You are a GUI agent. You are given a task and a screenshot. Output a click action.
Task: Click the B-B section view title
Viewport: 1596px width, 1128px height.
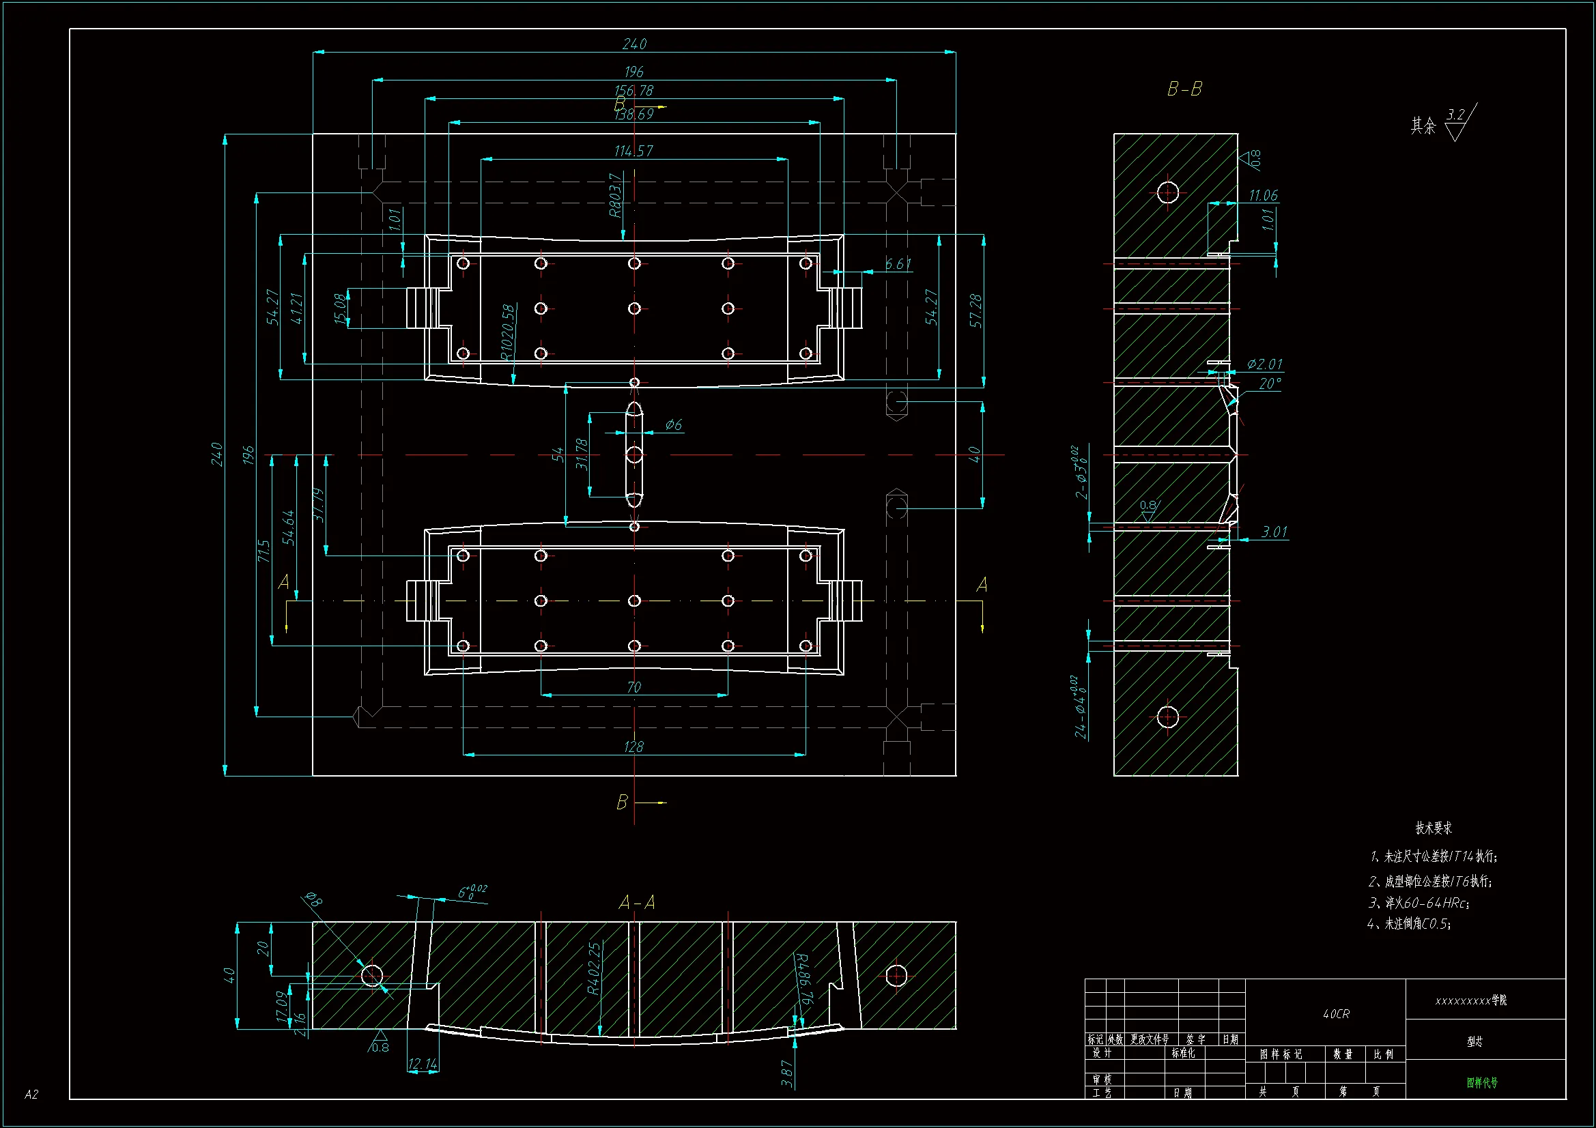pyautogui.click(x=1184, y=89)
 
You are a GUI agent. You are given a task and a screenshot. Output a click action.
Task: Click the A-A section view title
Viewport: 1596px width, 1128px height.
pyautogui.click(x=637, y=903)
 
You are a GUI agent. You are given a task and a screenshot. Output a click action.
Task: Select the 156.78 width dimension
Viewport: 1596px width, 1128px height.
pyautogui.click(x=634, y=90)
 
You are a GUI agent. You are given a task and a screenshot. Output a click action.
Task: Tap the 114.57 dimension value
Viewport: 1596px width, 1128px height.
pyautogui.click(x=633, y=151)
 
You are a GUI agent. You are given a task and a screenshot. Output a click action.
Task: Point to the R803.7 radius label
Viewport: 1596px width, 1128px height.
pyautogui.click(x=615, y=196)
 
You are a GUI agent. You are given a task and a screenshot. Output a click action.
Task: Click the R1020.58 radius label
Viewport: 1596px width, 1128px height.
pyautogui.click(x=508, y=332)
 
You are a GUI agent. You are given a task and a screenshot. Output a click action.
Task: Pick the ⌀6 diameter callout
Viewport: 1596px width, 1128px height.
pyautogui.click(x=673, y=424)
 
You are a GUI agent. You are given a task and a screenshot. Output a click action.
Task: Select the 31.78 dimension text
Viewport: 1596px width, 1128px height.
pyautogui.click(x=582, y=453)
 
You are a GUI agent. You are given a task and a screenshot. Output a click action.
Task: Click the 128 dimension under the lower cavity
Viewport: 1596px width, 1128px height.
pyautogui.click(x=633, y=747)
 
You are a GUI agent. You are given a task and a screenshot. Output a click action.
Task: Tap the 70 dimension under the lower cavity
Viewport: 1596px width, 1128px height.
pyautogui.click(x=633, y=687)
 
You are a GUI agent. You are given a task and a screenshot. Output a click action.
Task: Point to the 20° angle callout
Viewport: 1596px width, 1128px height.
pyautogui.click(x=1269, y=384)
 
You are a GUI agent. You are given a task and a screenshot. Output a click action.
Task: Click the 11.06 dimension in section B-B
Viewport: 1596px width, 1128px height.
pyautogui.click(x=1263, y=195)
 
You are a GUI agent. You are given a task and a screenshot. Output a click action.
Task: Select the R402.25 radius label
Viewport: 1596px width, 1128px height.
pyautogui.click(x=594, y=968)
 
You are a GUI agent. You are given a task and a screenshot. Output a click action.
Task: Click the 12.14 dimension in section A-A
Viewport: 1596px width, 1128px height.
pyautogui.click(x=423, y=1063)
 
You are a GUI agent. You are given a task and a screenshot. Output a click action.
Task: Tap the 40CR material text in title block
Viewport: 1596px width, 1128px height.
pyautogui.click(x=1336, y=1014)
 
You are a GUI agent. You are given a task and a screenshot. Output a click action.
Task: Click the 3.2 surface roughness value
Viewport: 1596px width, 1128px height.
pyautogui.click(x=1455, y=115)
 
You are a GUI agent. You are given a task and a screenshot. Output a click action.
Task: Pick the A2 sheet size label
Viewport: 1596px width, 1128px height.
pyautogui.click(x=31, y=1095)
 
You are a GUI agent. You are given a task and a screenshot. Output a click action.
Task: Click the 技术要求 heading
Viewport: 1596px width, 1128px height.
pyautogui.click(x=1434, y=828)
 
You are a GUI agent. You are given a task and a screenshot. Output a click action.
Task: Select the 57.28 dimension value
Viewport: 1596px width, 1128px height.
pyautogui.click(x=975, y=310)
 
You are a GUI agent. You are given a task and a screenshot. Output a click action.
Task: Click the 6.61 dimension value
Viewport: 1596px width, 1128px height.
pyautogui.click(x=898, y=264)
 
